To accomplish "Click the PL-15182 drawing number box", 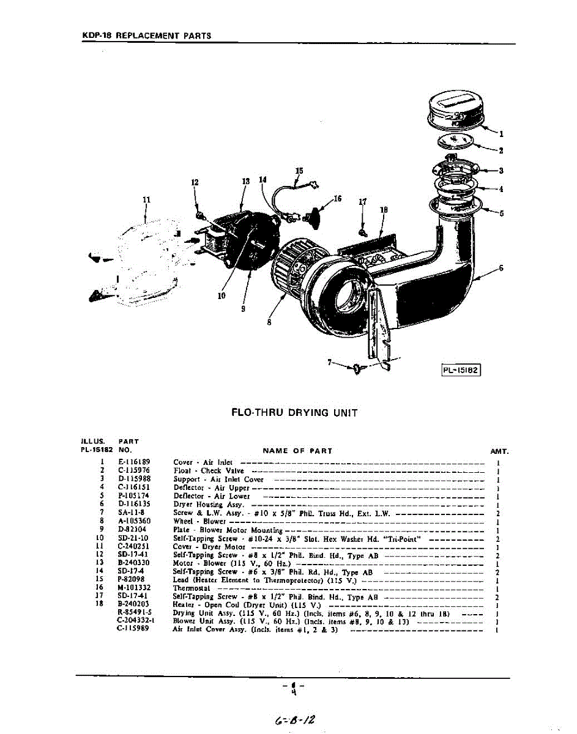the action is point(461,370).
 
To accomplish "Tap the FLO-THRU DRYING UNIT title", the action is point(294,413).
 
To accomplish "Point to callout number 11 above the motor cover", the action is point(146,199).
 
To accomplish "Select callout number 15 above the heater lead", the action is point(299,171).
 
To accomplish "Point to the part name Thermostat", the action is point(192,588).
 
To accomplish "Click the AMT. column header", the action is point(499,451).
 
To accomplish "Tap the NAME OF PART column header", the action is point(297,451).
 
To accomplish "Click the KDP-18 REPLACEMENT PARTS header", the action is point(146,35).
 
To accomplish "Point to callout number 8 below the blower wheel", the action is point(269,322).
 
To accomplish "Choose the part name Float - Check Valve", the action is point(209,470).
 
